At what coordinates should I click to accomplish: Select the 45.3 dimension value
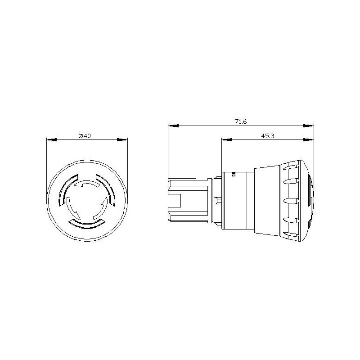(x=267, y=136)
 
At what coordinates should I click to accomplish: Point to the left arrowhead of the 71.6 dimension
(x=172, y=126)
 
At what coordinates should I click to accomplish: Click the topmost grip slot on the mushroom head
(x=290, y=167)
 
